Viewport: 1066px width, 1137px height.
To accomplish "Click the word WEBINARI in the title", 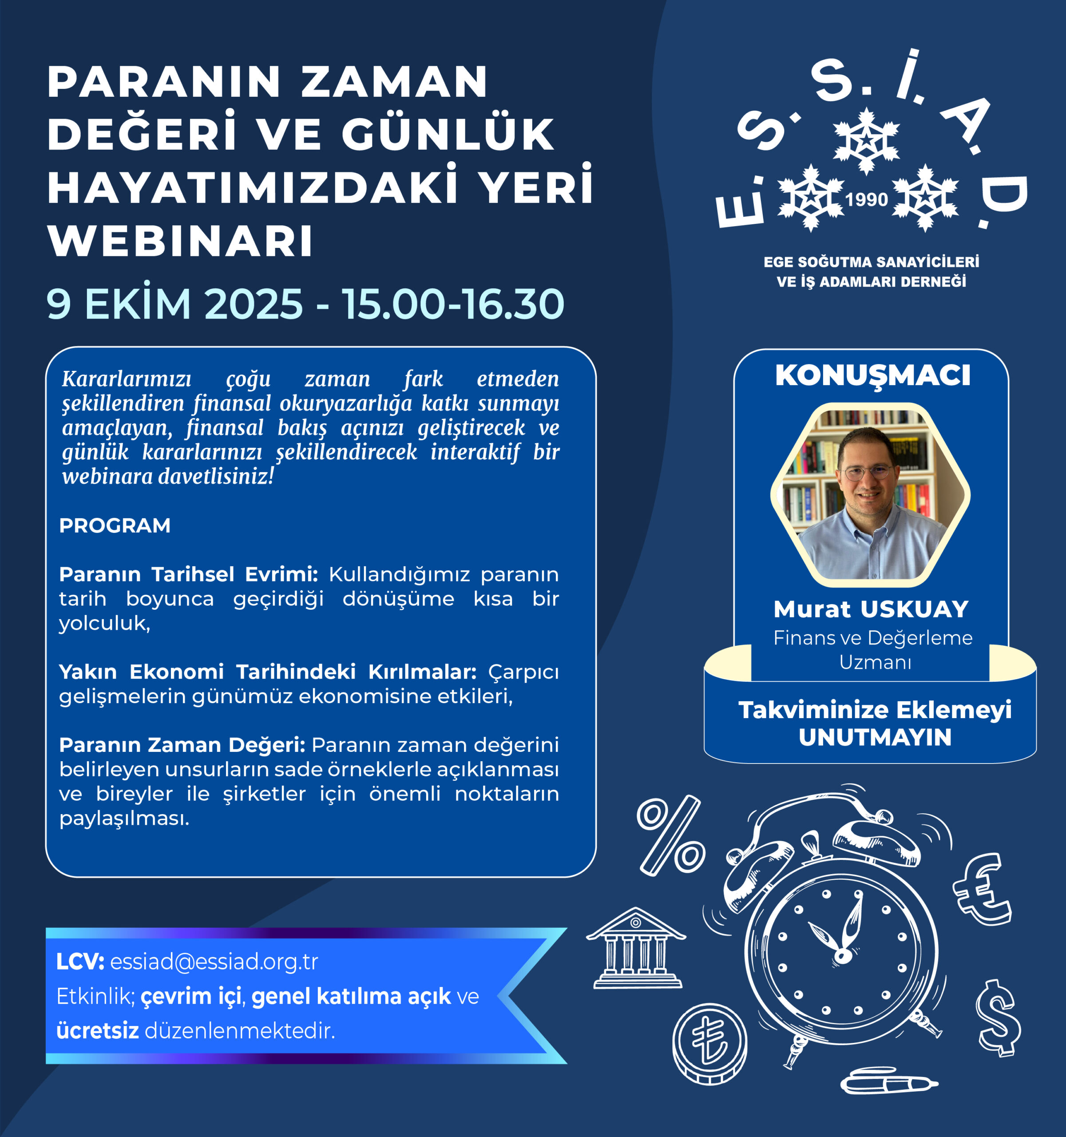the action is tap(181, 241).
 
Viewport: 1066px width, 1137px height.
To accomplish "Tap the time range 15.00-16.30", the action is tap(453, 304).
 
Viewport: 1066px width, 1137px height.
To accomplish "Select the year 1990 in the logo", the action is tap(867, 199).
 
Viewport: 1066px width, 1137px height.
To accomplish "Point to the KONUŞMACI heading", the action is tap(873, 376).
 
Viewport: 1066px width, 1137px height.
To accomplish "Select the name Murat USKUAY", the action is tap(871, 609).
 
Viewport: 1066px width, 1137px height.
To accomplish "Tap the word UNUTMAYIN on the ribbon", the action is tap(875, 737).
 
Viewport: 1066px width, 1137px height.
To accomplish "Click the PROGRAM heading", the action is tap(115, 525).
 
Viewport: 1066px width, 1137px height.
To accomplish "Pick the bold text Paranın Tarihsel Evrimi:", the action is tap(189, 574).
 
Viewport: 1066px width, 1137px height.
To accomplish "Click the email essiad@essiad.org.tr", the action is tap(214, 962).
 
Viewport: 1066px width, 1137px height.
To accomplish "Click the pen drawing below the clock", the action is tap(889, 1081).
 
